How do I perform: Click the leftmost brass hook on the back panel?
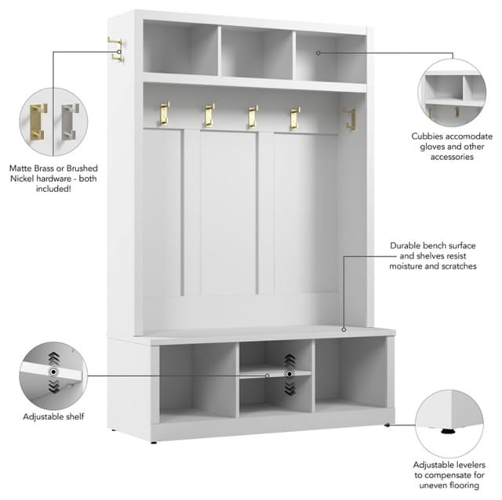(164, 114)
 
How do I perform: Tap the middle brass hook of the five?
(252, 117)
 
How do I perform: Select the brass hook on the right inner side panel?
(350, 119)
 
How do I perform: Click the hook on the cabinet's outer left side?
(115, 49)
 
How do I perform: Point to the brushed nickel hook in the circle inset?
(70, 121)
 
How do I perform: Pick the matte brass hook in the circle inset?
(38, 122)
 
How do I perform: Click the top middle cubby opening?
(256, 53)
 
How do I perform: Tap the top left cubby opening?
(180, 48)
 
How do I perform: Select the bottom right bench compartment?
(351, 375)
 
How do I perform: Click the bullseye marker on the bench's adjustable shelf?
(289, 374)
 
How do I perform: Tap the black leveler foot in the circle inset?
(449, 431)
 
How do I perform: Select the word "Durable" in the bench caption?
(406, 245)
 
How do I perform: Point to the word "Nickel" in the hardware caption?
(23, 179)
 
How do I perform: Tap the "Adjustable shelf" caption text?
(53, 417)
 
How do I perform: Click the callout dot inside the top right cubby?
(318, 53)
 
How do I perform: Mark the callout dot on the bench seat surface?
(344, 329)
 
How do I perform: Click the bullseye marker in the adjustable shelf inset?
(53, 371)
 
